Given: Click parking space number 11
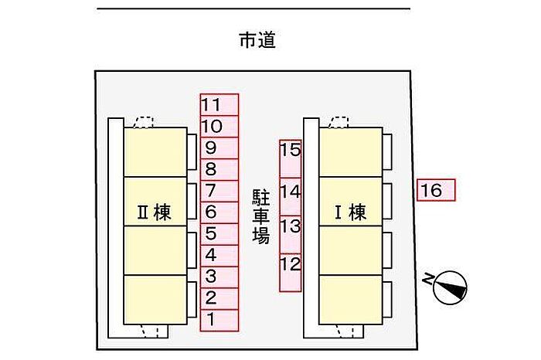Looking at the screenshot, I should [x=219, y=104].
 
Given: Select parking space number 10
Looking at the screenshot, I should [x=219, y=126].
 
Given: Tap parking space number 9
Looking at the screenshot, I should [x=219, y=148].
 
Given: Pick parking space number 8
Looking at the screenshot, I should [x=219, y=168].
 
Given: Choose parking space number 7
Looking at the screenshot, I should [x=219, y=190].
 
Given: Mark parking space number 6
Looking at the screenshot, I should [x=219, y=212].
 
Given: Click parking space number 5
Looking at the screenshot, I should [x=219, y=233].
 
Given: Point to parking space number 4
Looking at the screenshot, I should [x=219, y=254].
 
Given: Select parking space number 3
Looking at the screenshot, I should [x=219, y=276].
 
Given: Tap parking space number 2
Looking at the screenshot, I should [x=219, y=297].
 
